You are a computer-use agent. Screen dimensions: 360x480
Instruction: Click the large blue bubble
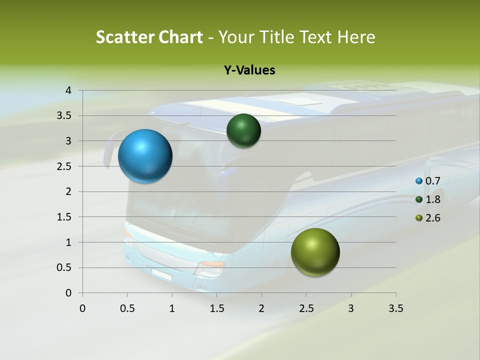point(145,156)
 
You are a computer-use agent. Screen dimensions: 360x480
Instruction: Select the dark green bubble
point(243,130)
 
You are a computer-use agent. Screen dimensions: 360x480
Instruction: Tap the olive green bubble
point(315,252)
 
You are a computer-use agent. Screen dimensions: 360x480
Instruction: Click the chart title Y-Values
point(249,70)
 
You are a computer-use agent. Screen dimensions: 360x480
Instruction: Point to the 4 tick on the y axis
point(68,90)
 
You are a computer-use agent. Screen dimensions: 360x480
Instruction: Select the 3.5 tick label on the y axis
point(65,116)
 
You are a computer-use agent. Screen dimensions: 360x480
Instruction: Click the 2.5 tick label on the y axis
point(65,166)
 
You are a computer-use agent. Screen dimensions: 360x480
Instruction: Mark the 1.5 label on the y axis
point(65,217)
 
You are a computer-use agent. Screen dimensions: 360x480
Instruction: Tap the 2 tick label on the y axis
point(68,191)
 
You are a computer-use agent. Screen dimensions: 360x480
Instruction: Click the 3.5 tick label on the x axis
point(395,308)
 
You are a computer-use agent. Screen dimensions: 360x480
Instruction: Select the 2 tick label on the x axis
point(261,308)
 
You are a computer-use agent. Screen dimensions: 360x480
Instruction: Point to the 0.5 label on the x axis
point(127,308)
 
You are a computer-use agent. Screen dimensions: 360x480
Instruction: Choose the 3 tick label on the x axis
point(351,308)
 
